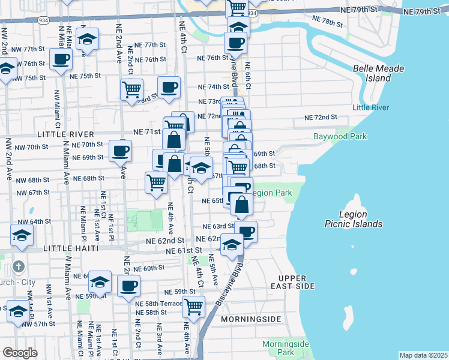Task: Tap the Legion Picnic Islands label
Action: (361, 219)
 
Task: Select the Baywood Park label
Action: (340, 136)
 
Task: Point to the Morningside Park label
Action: (285, 348)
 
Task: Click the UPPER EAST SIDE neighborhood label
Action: (293, 282)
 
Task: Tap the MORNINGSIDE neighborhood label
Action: (250, 319)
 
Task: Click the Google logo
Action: (20, 352)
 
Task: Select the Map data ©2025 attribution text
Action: (423, 355)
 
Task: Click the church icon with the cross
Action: (19, 265)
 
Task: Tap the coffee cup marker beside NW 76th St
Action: (61, 60)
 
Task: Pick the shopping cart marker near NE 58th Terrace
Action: (193, 307)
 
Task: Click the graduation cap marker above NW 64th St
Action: (22, 235)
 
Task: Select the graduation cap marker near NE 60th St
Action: (100, 281)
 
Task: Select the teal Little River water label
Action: (370, 107)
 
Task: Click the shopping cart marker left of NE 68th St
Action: (157, 182)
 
